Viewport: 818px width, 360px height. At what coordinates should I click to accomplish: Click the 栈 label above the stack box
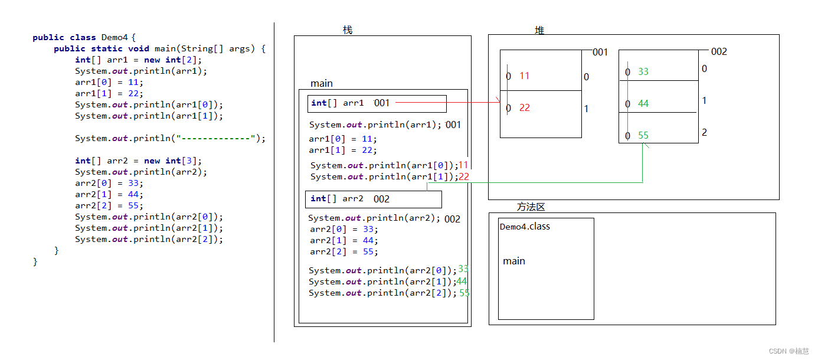[348, 30]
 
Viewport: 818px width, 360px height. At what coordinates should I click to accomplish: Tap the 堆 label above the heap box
[539, 30]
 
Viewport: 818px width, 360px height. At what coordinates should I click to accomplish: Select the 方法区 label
[531, 207]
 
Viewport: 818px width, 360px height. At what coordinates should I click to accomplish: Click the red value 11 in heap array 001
[525, 76]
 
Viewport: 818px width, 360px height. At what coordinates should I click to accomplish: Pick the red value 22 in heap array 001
[525, 107]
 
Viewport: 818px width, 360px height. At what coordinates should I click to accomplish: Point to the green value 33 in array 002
[643, 71]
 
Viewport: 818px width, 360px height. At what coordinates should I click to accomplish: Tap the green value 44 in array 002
[643, 103]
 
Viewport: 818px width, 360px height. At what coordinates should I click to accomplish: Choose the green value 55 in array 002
[643, 135]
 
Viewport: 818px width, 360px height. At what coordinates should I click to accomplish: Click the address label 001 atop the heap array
[600, 52]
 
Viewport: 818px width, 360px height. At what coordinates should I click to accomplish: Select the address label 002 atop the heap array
[719, 51]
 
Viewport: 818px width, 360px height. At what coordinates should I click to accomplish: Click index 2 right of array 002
[705, 132]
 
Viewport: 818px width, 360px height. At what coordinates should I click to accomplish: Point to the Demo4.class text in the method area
[525, 227]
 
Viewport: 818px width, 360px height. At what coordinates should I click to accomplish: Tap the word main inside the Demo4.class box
[514, 261]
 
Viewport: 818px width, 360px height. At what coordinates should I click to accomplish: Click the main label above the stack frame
[321, 84]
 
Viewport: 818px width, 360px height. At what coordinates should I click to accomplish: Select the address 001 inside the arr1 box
[382, 103]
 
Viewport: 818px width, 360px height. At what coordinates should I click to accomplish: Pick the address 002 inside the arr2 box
[381, 199]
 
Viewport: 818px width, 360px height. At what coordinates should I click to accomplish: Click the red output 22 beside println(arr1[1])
[464, 176]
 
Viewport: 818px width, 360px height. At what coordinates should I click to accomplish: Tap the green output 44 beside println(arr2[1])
[462, 281]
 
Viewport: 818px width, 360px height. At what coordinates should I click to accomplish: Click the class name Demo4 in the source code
[114, 37]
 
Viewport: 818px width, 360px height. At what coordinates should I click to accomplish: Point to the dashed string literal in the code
[216, 138]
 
